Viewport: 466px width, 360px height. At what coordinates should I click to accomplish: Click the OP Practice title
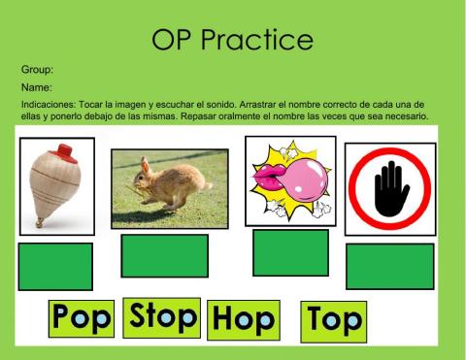[x=233, y=40]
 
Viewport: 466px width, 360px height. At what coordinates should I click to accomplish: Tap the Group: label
[x=37, y=70]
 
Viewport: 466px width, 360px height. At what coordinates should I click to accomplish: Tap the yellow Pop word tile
[x=83, y=317]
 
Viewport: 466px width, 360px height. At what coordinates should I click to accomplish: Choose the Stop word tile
[x=163, y=316]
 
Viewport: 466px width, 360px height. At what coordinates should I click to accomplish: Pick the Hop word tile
[x=242, y=319]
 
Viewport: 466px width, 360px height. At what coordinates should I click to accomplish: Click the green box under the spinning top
[x=55, y=266]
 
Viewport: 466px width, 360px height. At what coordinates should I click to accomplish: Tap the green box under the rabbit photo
[x=164, y=255]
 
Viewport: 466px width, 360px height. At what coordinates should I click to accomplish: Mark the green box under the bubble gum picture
[x=290, y=252]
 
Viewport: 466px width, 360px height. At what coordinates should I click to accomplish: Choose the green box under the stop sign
[x=390, y=266]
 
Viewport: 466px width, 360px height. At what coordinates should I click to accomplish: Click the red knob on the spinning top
[x=66, y=151]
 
